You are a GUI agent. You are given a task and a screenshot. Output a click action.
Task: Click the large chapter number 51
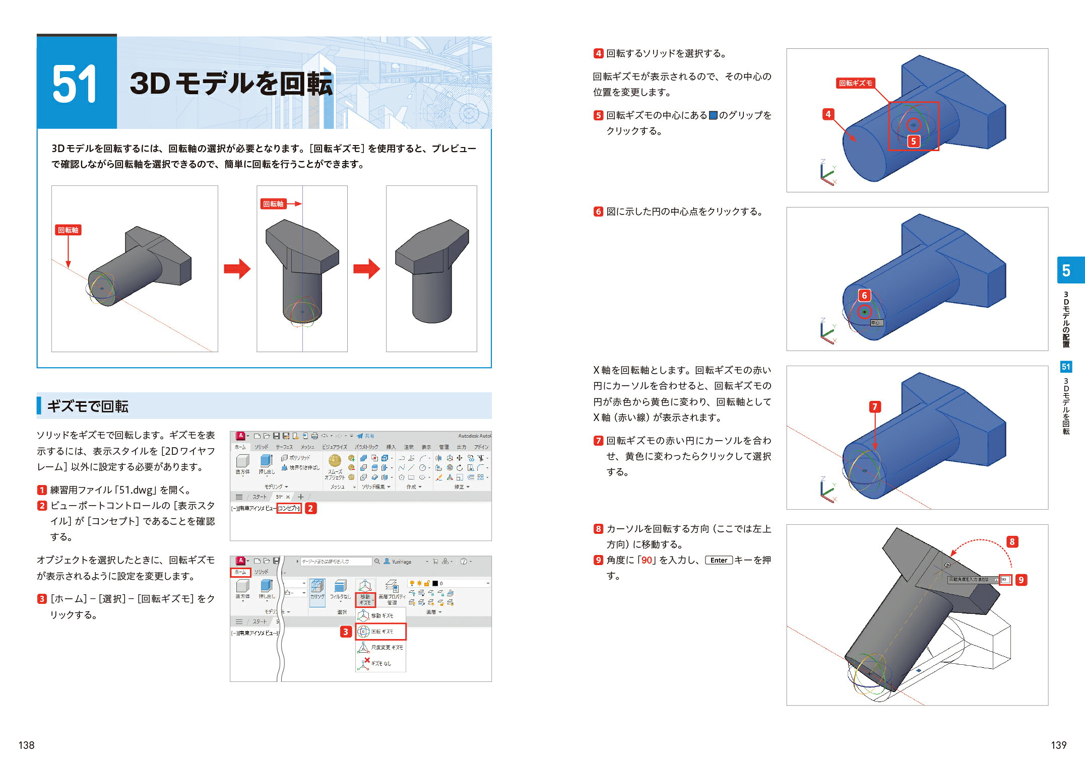pos(75,84)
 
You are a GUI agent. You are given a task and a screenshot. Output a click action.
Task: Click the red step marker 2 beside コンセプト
pos(310,508)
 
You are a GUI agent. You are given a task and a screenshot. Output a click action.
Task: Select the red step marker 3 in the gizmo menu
pos(345,632)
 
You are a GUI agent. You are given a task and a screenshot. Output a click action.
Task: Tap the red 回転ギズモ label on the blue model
pos(855,83)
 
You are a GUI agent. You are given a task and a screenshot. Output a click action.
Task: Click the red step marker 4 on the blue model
pos(828,114)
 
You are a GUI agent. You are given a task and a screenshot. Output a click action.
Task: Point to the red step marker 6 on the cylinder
pos(864,295)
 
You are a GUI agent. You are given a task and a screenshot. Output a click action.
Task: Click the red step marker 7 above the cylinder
pos(875,406)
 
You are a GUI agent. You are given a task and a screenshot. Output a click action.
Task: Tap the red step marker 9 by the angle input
pos(1021,580)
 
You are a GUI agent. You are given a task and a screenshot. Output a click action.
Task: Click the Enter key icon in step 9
pos(719,560)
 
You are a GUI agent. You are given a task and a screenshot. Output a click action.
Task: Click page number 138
pos(26,745)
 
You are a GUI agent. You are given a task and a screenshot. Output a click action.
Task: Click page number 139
pos(1058,745)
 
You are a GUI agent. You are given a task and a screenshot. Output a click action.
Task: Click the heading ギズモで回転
pos(88,406)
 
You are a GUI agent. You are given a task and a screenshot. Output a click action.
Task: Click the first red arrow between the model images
pos(237,268)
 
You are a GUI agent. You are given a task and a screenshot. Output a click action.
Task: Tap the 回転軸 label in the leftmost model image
pos(68,230)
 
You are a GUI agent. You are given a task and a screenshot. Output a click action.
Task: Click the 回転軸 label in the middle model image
pos(273,204)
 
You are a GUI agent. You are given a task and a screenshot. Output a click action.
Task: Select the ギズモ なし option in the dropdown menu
pos(380,663)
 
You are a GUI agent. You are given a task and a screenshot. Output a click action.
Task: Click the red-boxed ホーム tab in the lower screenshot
pos(240,572)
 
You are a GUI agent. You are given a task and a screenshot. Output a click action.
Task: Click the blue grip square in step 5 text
pos(713,115)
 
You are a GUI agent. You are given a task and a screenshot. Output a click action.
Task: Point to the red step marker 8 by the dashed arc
pos(1012,542)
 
